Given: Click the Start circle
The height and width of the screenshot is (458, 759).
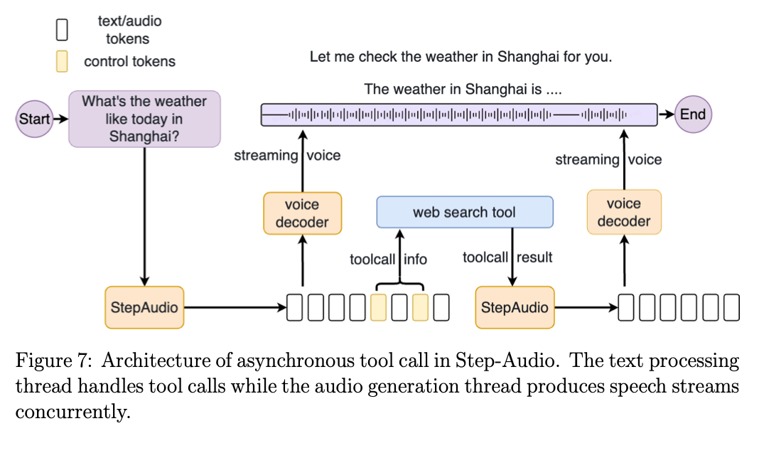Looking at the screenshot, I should click(x=33, y=118).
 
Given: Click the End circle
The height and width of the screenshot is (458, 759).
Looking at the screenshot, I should click(x=692, y=114).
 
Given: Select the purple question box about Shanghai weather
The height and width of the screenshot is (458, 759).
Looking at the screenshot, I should click(x=144, y=119).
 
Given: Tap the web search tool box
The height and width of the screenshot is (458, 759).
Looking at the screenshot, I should click(x=464, y=212).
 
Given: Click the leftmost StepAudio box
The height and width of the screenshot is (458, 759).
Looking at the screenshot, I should click(x=144, y=307).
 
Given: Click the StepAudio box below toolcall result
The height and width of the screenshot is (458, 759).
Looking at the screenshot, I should click(x=515, y=307).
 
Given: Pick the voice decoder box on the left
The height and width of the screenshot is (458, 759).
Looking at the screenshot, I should click(x=302, y=213).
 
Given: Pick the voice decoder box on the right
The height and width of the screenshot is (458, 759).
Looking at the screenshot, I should click(x=623, y=212).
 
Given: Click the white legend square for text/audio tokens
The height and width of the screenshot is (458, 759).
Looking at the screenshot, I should click(x=63, y=29).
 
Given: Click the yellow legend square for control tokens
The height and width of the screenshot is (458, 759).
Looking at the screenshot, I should click(x=63, y=61).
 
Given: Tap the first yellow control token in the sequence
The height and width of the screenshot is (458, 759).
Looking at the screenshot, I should click(x=379, y=307).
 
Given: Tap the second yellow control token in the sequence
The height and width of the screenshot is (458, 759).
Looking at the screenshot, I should click(x=421, y=307).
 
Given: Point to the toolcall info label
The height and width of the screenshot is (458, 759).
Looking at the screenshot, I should click(x=388, y=260).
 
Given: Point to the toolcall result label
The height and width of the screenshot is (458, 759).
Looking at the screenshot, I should click(x=507, y=257).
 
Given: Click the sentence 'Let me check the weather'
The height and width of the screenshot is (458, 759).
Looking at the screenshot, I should click(x=461, y=57).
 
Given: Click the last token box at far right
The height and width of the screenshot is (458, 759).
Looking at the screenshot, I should click(x=731, y=307).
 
